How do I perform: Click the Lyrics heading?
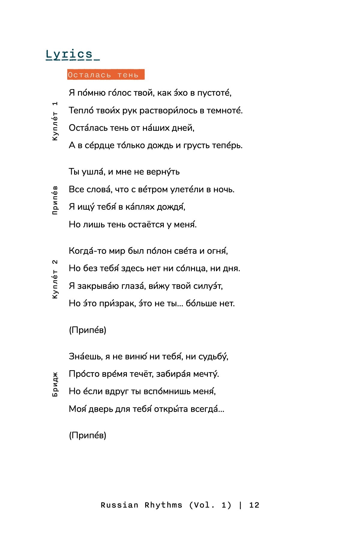tap(69, 55)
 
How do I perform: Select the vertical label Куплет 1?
tap(55, 121)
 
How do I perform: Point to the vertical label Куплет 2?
tap(55, 279)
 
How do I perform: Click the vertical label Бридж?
tap(55, 384)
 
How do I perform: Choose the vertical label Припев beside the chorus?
tap(55, 200)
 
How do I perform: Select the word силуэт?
tap(207, 286)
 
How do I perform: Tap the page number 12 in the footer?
tap(254, 505)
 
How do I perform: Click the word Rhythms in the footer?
tap(163, 505)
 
